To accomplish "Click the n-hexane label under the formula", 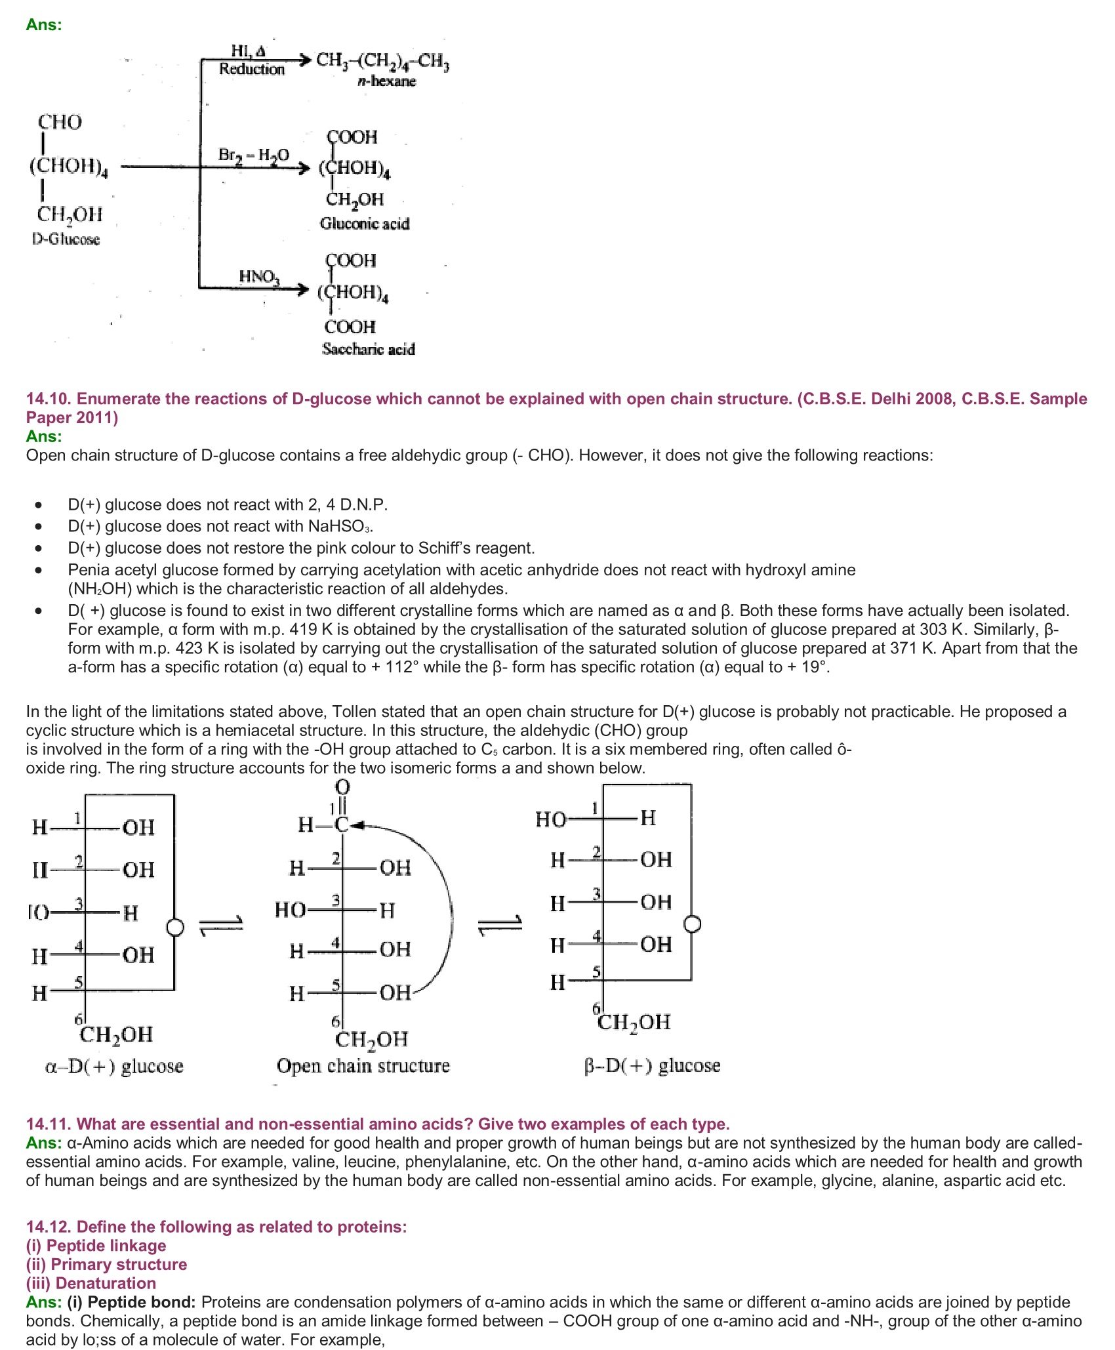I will pyautogui.click(x=387, y=81).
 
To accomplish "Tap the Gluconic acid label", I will pyautogui.click(x=365, y=224).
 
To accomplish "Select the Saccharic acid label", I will pyautogui.click(x=369, y=349).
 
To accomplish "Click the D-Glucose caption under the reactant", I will pyautogui.click(x=66, y=239).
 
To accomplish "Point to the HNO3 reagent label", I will pyautogui.click(x=258, y=277).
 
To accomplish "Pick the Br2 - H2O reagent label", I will pyautogui.click(x=253, y=155).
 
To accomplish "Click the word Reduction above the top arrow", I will pyautogui.click(x=252, y=69).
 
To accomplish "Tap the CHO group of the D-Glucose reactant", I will pyautogui.click(x=60, y=122).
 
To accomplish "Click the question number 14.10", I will pyautogui.click(x=49, y=399).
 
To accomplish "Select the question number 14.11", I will pyautogui.click(x=49, y=1124).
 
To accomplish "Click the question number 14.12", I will pyautogui.click(x=49, y=1227).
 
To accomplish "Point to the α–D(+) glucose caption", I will pyautogui.click(x=114, y=1066).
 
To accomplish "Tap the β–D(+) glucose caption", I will pyautogui.click(x=652, y=1065).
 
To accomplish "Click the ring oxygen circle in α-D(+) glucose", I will pyautogui.click(x=174, y=927).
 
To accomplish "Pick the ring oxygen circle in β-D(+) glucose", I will pyautogui.click(x=692, y=924).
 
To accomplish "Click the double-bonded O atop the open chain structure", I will pyautogui.click(x=342, y=787).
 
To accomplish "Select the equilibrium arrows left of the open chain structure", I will pyautogui.click(x=220, y=926).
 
